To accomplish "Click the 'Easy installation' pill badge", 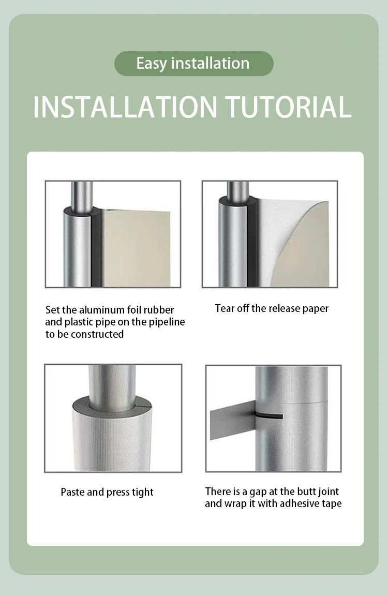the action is pyautogui.click(x=194, y=64).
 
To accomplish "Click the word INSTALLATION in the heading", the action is pyautogui.click(x=125, y=107).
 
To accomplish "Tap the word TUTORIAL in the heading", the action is pyautogui.click(x=289, y=107).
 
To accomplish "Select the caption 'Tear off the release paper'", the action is pyautogui.click(x=272, y=308).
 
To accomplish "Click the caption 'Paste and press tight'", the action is pyautogui.click(x=107, y=492).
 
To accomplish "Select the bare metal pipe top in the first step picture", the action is pyautogui.click(x=81, y=195).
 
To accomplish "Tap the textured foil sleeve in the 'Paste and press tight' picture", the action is pyautogui.click(x=111, y=437).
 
